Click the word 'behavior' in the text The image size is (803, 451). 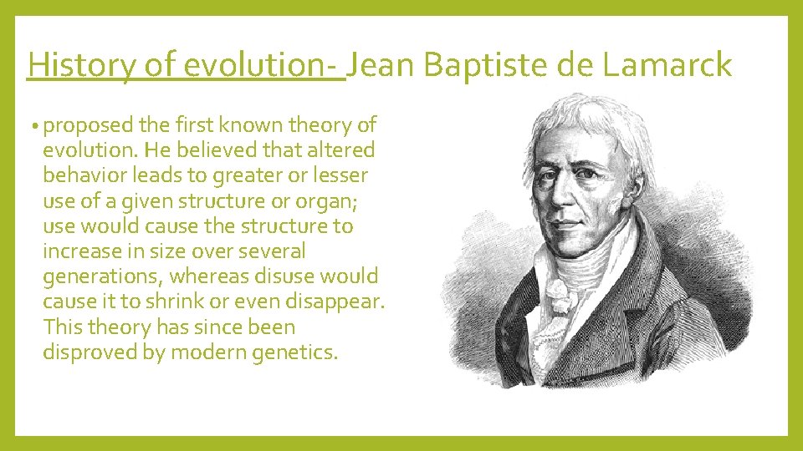click(82, 175)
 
